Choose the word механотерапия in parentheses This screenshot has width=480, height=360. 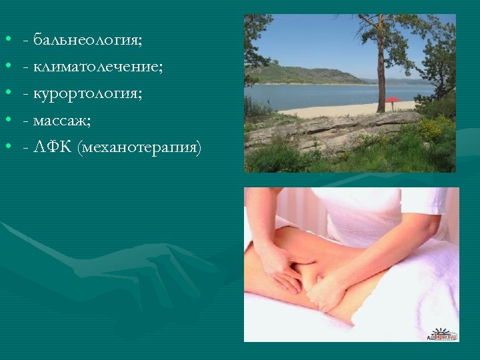139,147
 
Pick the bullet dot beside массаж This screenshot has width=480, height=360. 7,120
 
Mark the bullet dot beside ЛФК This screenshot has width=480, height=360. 7,147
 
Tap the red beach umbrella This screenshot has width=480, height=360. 393,101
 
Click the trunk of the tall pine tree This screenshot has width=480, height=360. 381,73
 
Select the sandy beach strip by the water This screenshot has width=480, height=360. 333,110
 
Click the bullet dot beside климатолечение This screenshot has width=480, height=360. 7,67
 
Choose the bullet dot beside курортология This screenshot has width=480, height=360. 7,93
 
